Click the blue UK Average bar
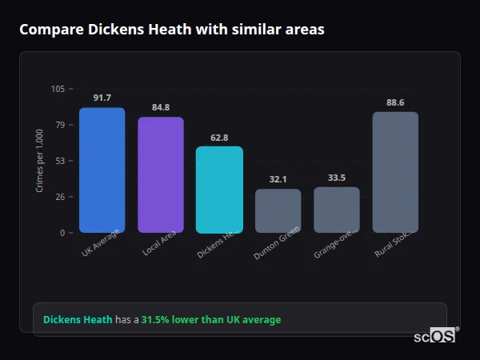pyautogui.click(x=102, y=170)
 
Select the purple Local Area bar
pyautogui.click(x=160, y=174)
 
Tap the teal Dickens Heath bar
pyautogui.click(x=219, y=189)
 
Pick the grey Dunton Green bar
pyautogui.click(x=278, y=210)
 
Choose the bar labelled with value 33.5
pyautogui.click(x=336, y=210)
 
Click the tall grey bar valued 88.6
pyautogui.click(x=395, y=172)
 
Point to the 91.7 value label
pyautogui.click(x=102, y=98)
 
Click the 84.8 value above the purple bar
pyautogui.click(x=160, y=107)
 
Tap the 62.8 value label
pyautogui.click(x=219, y=137)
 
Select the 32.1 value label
pyautogui.click(x=278, y=179)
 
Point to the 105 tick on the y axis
pyautogui.click(x=58, y=89)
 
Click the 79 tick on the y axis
pyautogui.click(x=61, y=125)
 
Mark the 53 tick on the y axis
pyautogui.click(x=61, y=161)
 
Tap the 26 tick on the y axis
pyautogui.click(x=61, y=197)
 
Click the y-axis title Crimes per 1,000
pyautogui.click(x=40, y=160)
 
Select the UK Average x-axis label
pyautogui.click(x=101, y=244)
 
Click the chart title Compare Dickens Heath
pyautogui.click(x=172, y=30)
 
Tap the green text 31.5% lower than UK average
pyautogui.click(x=211, y=320)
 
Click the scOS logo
pyautogui.click(x=434, y=337)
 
